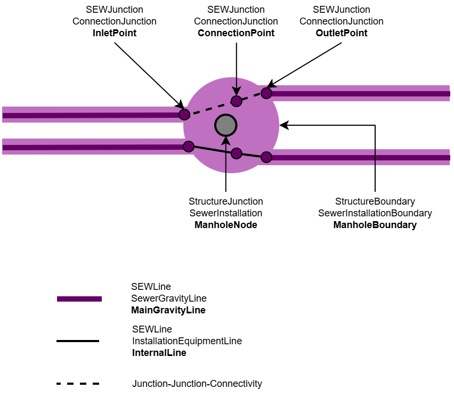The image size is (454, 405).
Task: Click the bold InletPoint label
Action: tap(115, 33)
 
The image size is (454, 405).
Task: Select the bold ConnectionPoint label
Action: tap(236, 33)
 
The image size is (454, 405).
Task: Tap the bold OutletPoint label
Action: tap(342, 33)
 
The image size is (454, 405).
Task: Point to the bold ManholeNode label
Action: tap(226, 225)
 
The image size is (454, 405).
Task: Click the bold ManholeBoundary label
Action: tap(375, 225)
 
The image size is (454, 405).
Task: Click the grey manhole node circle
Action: tap(226, 125)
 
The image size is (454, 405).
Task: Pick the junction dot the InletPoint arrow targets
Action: tap(184, 114)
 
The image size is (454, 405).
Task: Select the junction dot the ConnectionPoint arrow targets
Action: tap(237, 101)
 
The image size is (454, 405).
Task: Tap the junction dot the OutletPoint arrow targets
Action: tap(266, 93)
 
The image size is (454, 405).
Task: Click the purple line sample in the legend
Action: tap(79, 299)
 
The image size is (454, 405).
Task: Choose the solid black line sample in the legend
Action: tap(78, 341)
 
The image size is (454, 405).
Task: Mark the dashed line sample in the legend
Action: tap(78, 384)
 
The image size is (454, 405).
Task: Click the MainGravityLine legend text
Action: tap(168, 310)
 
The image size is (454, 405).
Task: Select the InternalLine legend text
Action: tap(159, 353)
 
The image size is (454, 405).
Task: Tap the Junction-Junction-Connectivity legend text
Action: tap(197, 384)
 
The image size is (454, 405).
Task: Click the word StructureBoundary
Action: tap(375, 201)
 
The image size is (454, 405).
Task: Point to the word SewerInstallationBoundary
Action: tap(375, 213)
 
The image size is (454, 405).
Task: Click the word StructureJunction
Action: tap(226, 201)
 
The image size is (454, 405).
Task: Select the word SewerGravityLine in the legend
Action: tap(169, 298)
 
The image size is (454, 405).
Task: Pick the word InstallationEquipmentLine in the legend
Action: tap(187, 341)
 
